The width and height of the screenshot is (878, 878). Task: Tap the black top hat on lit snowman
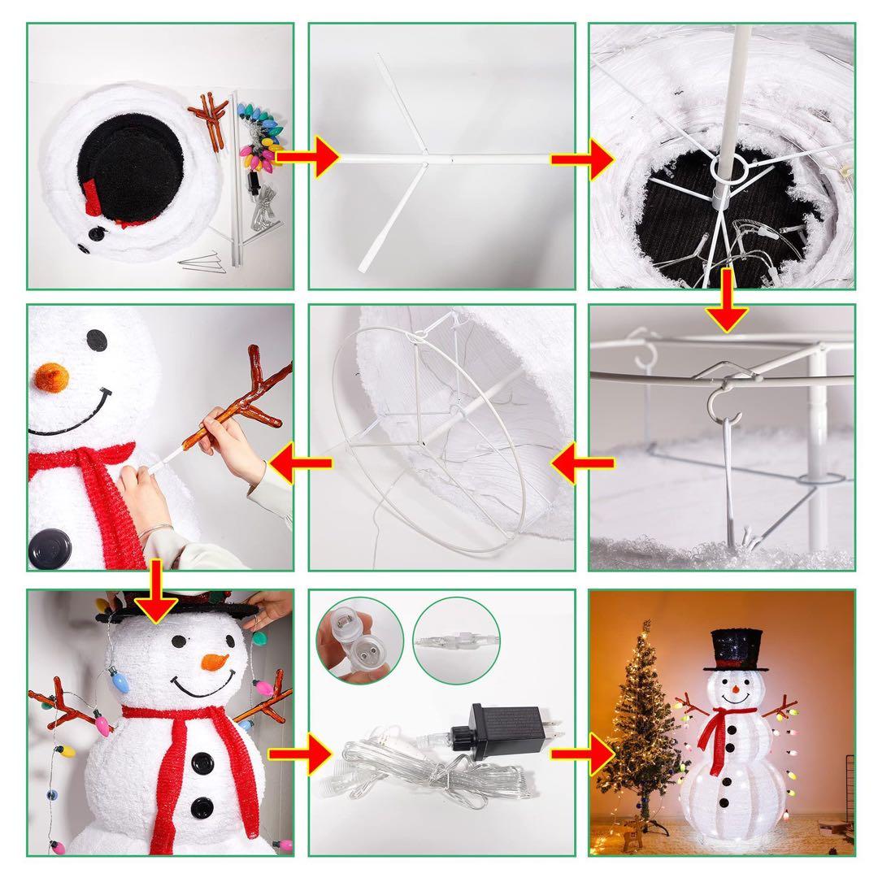[x=740, y=649]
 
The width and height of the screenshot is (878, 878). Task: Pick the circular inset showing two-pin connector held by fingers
[x=359, y=638]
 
